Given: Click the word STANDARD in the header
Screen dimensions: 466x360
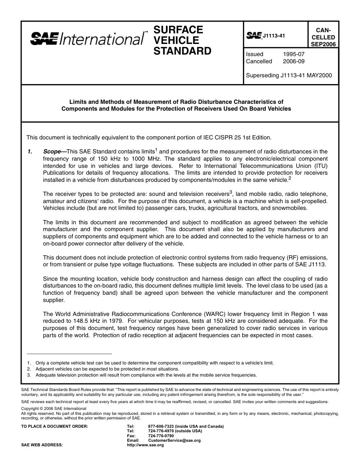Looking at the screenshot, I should (182, 51).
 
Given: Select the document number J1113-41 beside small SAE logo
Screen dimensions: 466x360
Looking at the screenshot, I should (274, 36).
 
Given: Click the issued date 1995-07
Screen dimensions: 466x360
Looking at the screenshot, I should (294, 54).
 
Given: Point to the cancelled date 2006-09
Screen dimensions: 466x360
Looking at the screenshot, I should (294, 61).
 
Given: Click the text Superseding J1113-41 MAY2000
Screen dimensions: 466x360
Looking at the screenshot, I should (289, 75).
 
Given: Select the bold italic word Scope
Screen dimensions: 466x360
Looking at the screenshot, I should (52, 152).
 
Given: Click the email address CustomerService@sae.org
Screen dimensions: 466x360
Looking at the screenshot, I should (174, 441).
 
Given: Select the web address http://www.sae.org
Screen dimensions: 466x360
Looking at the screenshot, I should (146, 445).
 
